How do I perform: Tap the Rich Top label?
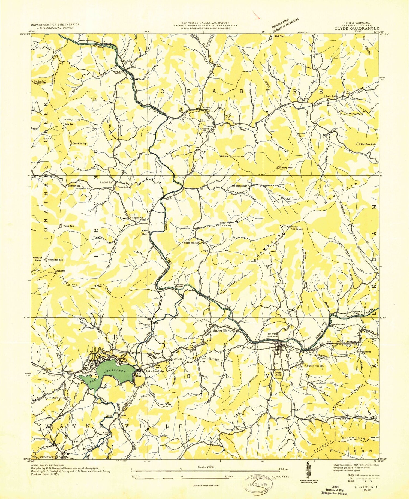[x=279, y=36]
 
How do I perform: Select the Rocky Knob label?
[x=287, y=167]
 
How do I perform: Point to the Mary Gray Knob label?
[x=368, y=144]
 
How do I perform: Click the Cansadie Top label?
[x=79, y=143]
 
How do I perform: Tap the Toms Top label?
[x=68, y=226]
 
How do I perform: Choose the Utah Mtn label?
[x=61, y=271]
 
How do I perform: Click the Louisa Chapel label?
[x=278, y=374]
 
